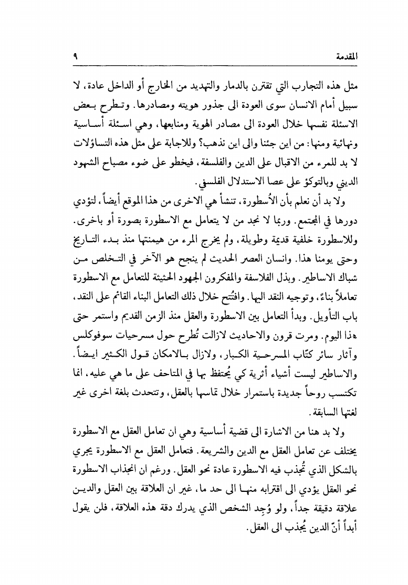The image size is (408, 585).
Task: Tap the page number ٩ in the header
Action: [x=76, y=56]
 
